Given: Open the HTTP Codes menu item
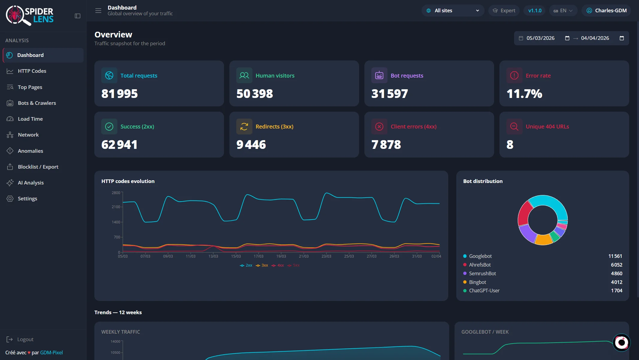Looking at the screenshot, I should tap(32, 71).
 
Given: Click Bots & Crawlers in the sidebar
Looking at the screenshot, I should tap(37, 103).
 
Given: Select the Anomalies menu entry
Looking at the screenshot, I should tap(30, 151).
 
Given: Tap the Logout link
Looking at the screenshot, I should tap(25, 339).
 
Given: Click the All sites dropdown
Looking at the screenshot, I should tap(453, 10).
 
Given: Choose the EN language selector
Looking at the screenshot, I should tap(563, 10).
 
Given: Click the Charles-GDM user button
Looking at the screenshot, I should tap(606, 10).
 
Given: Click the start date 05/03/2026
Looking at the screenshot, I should tap(540, 38).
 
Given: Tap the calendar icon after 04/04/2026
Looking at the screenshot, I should tap(622, 38).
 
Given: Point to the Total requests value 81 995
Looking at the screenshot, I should tap(119, 94).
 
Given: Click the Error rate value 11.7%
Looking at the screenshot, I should tap(524, 94).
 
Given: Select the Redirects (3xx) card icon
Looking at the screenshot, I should tap(244, 127).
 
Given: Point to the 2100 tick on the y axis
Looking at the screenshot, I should tap(116, 207).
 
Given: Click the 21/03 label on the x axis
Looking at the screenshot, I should tap(304, 256).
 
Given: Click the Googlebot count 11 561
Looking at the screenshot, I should tap(615, 256).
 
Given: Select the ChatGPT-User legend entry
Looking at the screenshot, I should tap(484, 291).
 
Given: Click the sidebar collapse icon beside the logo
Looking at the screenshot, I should tap(78, 16).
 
